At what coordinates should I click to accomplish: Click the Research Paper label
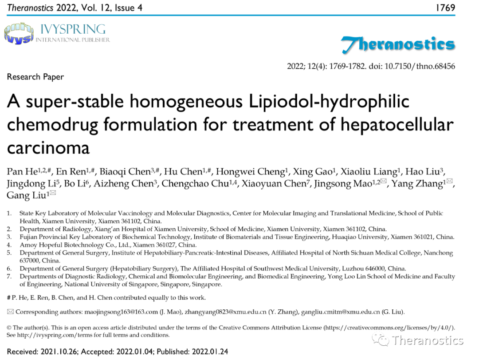(35, 77)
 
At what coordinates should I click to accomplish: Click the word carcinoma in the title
(48, 146)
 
